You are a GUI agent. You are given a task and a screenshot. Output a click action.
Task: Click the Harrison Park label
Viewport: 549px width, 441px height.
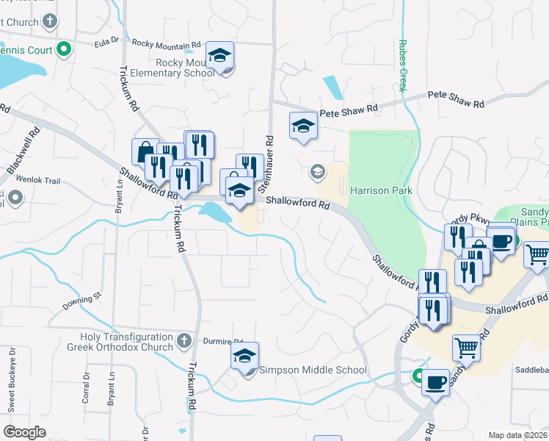tap(381, 190)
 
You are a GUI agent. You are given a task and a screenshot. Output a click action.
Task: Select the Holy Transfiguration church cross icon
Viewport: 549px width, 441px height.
tap(183, 341)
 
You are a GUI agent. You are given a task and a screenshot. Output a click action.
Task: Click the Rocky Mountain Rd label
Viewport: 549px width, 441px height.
tap(166, 44)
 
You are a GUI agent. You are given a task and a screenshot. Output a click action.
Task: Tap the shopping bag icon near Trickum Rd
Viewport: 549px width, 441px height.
tap(145, 151)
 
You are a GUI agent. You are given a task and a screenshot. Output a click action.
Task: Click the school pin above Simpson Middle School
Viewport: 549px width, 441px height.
tap(244, 355)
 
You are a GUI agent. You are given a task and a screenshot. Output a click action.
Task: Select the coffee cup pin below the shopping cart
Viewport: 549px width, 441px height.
tap(435, 381)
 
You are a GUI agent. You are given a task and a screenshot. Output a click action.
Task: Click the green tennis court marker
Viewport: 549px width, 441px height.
tap(64, 50)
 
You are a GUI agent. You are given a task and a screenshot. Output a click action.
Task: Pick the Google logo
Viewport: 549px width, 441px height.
tap(25, 432)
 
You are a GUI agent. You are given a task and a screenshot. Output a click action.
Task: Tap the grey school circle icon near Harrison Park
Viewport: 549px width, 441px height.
tap(318, 173)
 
